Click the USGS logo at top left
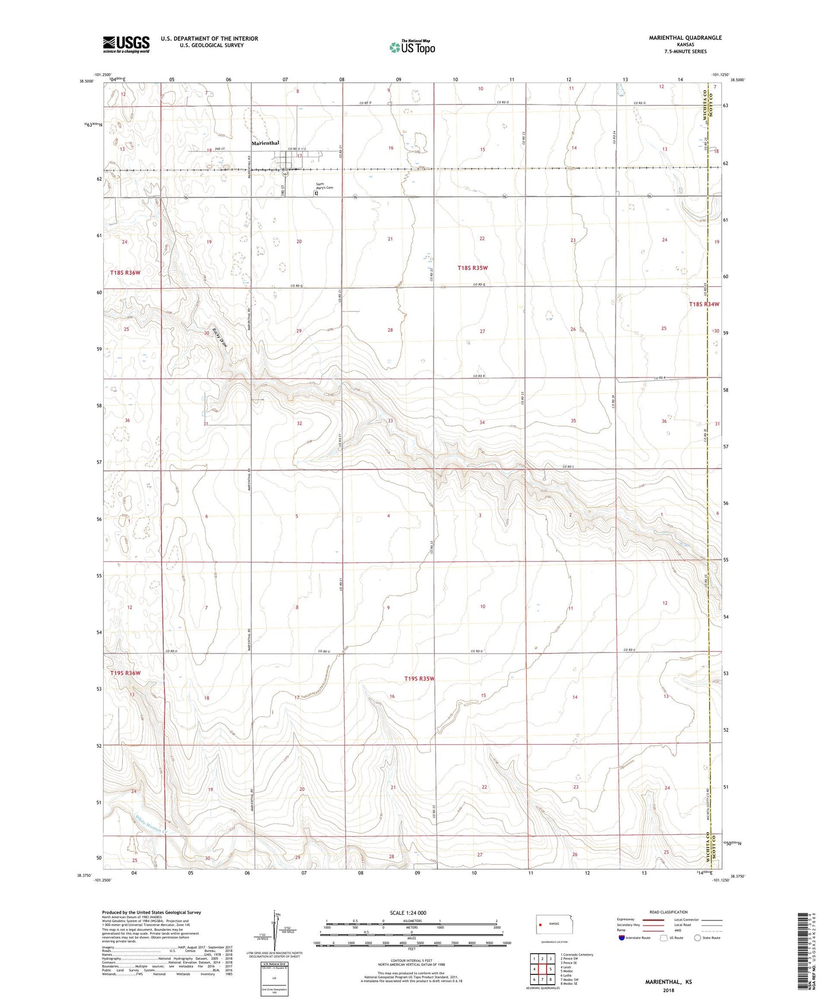[x=126, y=44]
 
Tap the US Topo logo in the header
[x=412, y=47]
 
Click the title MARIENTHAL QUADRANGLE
[x=685, y=38]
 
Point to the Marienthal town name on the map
[x=265, y=143]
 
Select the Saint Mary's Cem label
[x=324, y=187]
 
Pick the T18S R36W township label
[x=125, y=273]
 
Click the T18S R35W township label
[x=472, y=268]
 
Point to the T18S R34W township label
[x=703, y=304]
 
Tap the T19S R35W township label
[x=419, y=679]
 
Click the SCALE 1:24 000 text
[x=408, y=912]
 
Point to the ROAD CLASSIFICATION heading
[x=668, y=912]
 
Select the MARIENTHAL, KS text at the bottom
[x=668, y=982]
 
